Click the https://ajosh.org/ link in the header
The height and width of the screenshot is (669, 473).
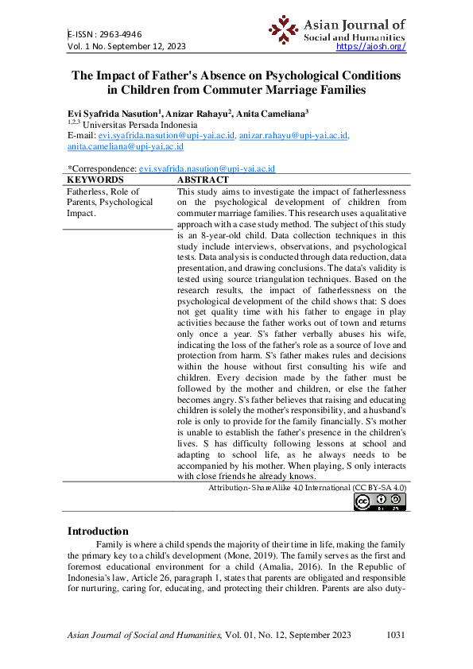coord(371,47)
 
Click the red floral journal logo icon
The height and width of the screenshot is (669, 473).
coord(283,29)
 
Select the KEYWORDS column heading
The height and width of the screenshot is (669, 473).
coord(96,180)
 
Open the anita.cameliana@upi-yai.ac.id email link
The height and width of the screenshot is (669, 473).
coord(125,147)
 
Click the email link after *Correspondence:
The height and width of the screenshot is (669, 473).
coord(207,169)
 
